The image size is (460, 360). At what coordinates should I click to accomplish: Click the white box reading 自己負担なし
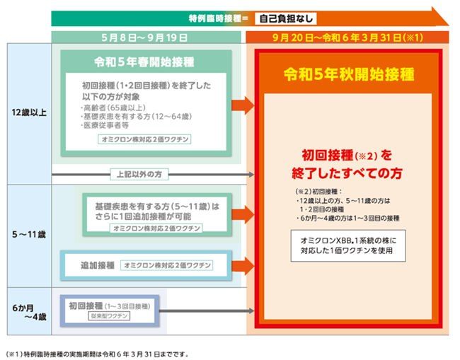tap(286, 19)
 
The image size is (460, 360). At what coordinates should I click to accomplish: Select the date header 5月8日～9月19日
tap(144, 37)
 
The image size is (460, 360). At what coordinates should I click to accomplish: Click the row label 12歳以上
tap(29, 112)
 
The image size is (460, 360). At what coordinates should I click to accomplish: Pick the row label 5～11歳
tap(29, 235)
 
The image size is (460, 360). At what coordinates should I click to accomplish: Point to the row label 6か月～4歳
tap(29, 313)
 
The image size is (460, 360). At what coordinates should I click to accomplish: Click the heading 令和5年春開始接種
tap(144, 62)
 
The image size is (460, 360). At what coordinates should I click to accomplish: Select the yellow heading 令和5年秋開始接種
tap(349, 74)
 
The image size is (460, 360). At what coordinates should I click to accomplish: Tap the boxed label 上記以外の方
tap(139, 175)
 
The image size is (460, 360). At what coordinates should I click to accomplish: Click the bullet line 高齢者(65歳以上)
tap(113, 108)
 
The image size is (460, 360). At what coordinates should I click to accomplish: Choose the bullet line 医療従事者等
tap(105, 125)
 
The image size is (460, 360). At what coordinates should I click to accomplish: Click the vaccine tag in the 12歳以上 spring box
tap(144, 139)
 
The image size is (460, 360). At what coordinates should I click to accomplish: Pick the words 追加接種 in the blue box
tap(98, 266)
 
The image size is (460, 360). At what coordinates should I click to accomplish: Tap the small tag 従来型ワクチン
tap(109, 316)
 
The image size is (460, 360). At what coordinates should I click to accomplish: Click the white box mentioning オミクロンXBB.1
tap(348, 245)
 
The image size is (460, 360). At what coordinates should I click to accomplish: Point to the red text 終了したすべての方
tap(347, 173)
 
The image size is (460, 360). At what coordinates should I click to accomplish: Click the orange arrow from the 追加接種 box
tap(243, 266)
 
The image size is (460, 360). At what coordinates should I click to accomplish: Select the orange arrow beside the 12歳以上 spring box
tap(243, 105)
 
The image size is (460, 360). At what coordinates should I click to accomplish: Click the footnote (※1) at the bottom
tap(96, 354)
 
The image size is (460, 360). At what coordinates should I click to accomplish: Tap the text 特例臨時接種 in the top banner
tap(215, 19)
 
